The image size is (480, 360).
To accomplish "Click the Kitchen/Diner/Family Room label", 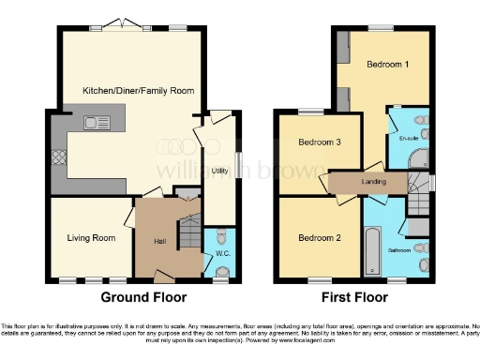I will pos(130,90).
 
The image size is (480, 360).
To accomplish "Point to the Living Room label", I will pos(91,238).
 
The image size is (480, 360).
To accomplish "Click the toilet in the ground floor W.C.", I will pos(221,235).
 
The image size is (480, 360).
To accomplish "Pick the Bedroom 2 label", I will pos(319,238).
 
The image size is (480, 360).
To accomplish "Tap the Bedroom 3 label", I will pos(319,143).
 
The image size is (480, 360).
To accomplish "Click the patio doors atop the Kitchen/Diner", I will pos(120,25).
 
